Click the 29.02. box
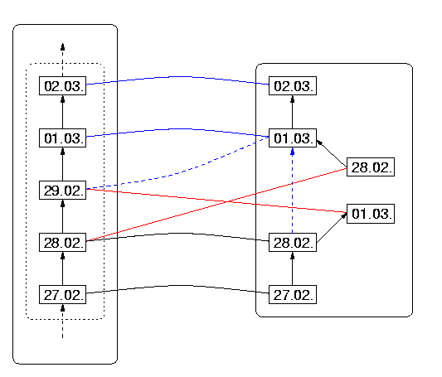(x=62, y=191)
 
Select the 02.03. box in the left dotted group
(x=62, y=85)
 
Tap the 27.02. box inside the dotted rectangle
(x=62, y=295)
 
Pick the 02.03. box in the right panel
(x=293, y=85)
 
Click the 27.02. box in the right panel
(x=293, y=295)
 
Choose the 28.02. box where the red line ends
(x=371, y=167)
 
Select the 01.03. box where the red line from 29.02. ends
(x=371, y=214)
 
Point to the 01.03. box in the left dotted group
(x=62, y=138)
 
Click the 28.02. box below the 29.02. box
(x=62, y=243)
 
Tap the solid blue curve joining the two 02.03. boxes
(x=177, y=76)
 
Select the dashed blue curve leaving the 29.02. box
(x=181, y=172)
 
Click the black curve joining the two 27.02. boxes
(x=177, y=286)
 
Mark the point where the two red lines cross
(x=227, y=201)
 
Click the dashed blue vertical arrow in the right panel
(x=293, y=191)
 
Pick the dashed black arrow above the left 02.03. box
(x=62, y=60)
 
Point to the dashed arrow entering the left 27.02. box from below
(x=62, y=321)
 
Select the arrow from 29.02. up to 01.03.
(x=62, y=164)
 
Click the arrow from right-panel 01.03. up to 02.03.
(x=293, y=112)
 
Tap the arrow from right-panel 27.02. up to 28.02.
(x=293, y=268)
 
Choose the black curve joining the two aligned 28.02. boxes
(x=177, y=234)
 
